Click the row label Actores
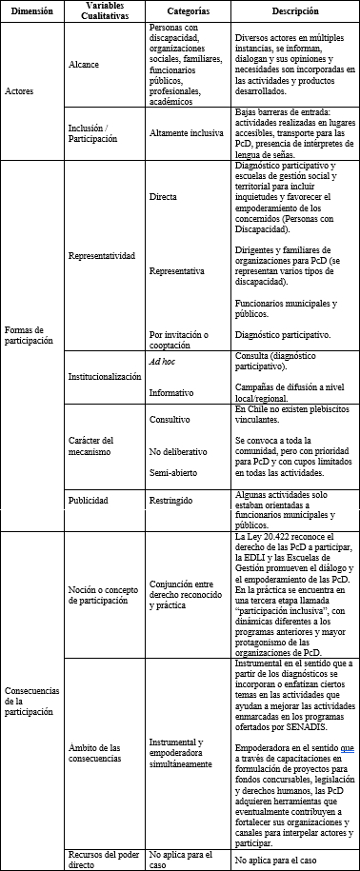click(x=20, y=91)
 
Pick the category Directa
click(x=163, y=196)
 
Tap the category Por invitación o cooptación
click(x=184, y=339)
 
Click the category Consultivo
click(x=170, y=419)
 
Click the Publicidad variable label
click(x=89, y=500)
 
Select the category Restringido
click(x=174, y=500)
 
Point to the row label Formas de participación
click(x=28, y=333)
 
